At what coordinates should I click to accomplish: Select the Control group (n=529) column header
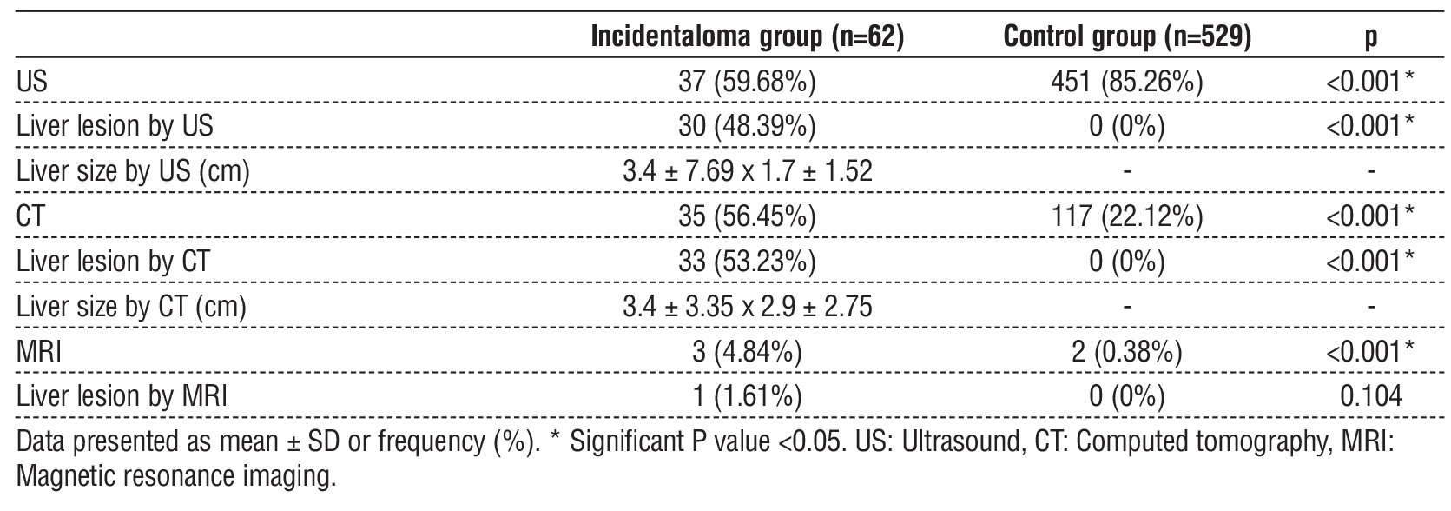tap(1126, 36)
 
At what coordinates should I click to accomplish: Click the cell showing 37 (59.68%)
tap(747, 82)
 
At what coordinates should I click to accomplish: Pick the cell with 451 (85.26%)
tap(1126, 82)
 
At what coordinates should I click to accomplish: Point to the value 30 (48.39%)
tap(747, 127)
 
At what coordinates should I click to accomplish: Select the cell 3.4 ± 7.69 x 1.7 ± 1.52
tap(747, 171)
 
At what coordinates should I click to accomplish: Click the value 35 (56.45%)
tap(747, 216)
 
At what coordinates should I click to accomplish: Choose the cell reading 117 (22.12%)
tap(1126, 216)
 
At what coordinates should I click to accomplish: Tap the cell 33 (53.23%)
tap(747, 262)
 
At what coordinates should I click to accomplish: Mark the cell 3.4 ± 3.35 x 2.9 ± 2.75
tap(747, 307)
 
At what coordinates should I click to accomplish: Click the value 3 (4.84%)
tap(747, 352)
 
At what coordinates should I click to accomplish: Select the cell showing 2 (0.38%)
tap(1126, 352)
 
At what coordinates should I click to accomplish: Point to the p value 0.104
tap(1370, 397)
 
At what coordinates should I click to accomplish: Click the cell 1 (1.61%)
tap(747, 397)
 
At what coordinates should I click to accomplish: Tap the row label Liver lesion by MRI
tap(122, 397)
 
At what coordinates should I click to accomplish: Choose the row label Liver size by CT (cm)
tap(131, 307)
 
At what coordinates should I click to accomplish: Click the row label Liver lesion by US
tap(115, 127)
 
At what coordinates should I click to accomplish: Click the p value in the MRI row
tap(1370, 352)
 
